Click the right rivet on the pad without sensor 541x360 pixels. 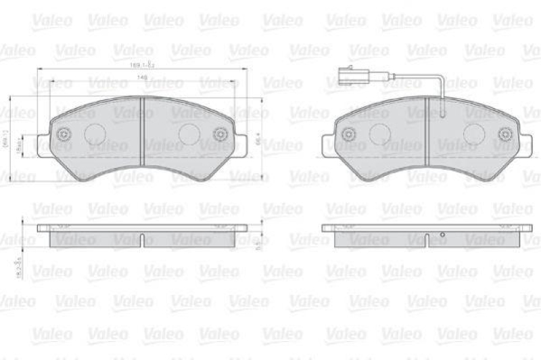pyautogui.click(x=220, y=134)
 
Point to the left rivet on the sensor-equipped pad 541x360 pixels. pyautogui.click(x=350, y=134)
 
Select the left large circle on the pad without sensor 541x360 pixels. pyautogui.click(x=95, y=135)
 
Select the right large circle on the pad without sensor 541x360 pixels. pyautogui.click(x=189, y=135)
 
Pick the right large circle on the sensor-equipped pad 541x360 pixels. pyautogui.click(x=475, y=135)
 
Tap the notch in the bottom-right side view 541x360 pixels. pyautogui.click(x=427, y=238)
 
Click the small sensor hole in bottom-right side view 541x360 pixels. pyautogui.click(x=442, y=235)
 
